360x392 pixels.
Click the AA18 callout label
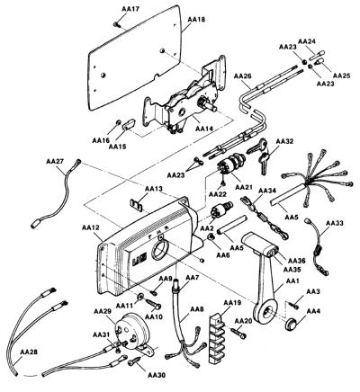tap(196, 20)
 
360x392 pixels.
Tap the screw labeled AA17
tap(117, 25)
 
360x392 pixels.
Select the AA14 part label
tap(204, 129)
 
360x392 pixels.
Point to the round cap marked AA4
tap(291, 325)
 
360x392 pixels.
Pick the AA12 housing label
tap(90, 227)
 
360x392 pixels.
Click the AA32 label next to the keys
tap(284, 141)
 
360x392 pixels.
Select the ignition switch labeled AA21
tap(231, 165)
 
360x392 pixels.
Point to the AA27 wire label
tap(55, 161)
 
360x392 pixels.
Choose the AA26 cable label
tap(243, 76)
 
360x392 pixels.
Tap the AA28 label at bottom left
tap(29, 352)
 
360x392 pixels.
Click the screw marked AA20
tap(238, 333)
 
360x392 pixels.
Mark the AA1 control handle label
tap(291, 281)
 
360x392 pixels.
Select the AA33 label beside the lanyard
tap(335, 223)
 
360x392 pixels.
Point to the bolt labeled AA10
tap(155, 304)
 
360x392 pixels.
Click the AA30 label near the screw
tap(157, 375)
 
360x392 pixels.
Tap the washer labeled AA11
tap(140, 297)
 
